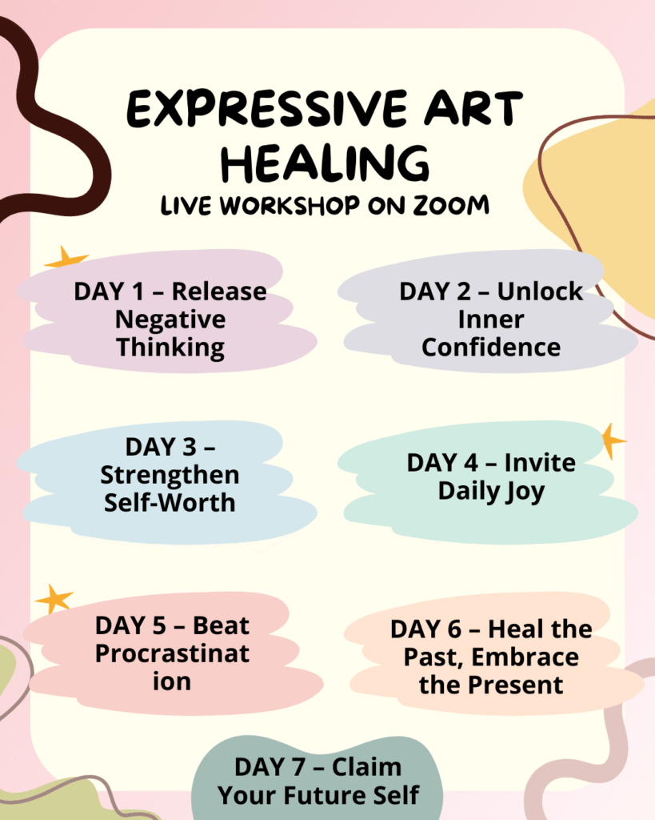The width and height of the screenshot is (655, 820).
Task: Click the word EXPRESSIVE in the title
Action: tap(267, 109)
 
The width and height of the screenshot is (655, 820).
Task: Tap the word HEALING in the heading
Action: tap(325, 163)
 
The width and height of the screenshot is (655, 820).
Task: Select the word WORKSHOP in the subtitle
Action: tap(290, 205)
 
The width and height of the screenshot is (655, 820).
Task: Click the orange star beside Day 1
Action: tap(66, 258)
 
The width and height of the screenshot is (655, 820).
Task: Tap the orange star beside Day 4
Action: tap(612, 441)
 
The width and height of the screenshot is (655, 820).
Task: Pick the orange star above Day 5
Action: tap(54, 597)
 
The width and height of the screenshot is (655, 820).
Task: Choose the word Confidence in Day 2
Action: tap(491, 348)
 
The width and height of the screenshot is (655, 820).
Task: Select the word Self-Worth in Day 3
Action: tap(170, 503)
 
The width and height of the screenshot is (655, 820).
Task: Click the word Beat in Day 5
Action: tap(221, 625)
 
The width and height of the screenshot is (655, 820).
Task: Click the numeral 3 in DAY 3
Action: tap(189, 447)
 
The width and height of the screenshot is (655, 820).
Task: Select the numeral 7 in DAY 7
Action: tap(298, 768)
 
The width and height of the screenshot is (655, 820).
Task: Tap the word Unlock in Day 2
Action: tap(540, 291)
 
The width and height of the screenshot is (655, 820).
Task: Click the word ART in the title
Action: tap(473, 109)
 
